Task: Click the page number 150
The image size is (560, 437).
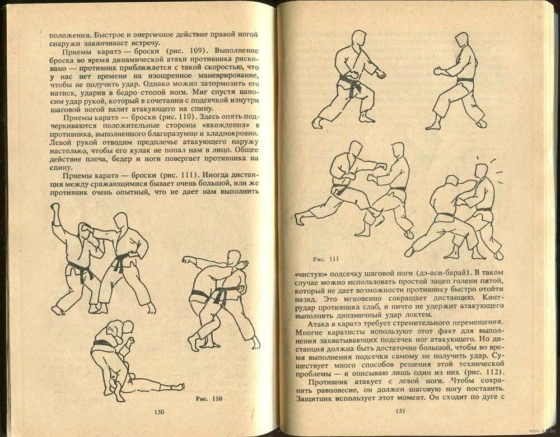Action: point(159,412)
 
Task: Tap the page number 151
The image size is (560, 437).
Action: point(400,411)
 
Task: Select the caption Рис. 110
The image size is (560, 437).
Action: point(209,399)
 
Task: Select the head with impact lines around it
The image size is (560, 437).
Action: point(482,171)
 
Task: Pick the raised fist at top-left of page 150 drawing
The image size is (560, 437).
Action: point(55,207)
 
